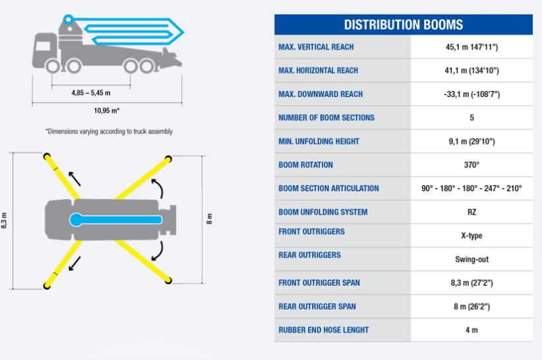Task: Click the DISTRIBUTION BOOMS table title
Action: [403, 25]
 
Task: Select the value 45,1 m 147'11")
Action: [472, 47]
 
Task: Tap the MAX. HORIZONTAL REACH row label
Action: [318, 71]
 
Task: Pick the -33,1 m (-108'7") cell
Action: [472, 94]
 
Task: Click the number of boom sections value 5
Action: [472, 118]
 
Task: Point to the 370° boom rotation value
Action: [472, 165]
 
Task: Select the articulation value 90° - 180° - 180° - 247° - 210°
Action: [471, 189]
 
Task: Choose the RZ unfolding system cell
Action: [472, 212]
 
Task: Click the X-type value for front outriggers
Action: [472, 235]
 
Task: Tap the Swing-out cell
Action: [472, 260]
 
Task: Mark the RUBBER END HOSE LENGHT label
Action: [324, 330]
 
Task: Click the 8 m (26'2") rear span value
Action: [472, 307]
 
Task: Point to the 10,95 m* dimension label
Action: [107, 111]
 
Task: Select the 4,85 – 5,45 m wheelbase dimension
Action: [91, 93]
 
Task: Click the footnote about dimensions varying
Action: [109, 131]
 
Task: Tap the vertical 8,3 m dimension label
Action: [4, 220]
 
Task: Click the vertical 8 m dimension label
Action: [209, 219]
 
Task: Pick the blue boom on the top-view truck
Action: [115, 220]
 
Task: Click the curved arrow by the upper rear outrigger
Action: [158, 188]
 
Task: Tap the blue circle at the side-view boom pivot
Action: [68, 19]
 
